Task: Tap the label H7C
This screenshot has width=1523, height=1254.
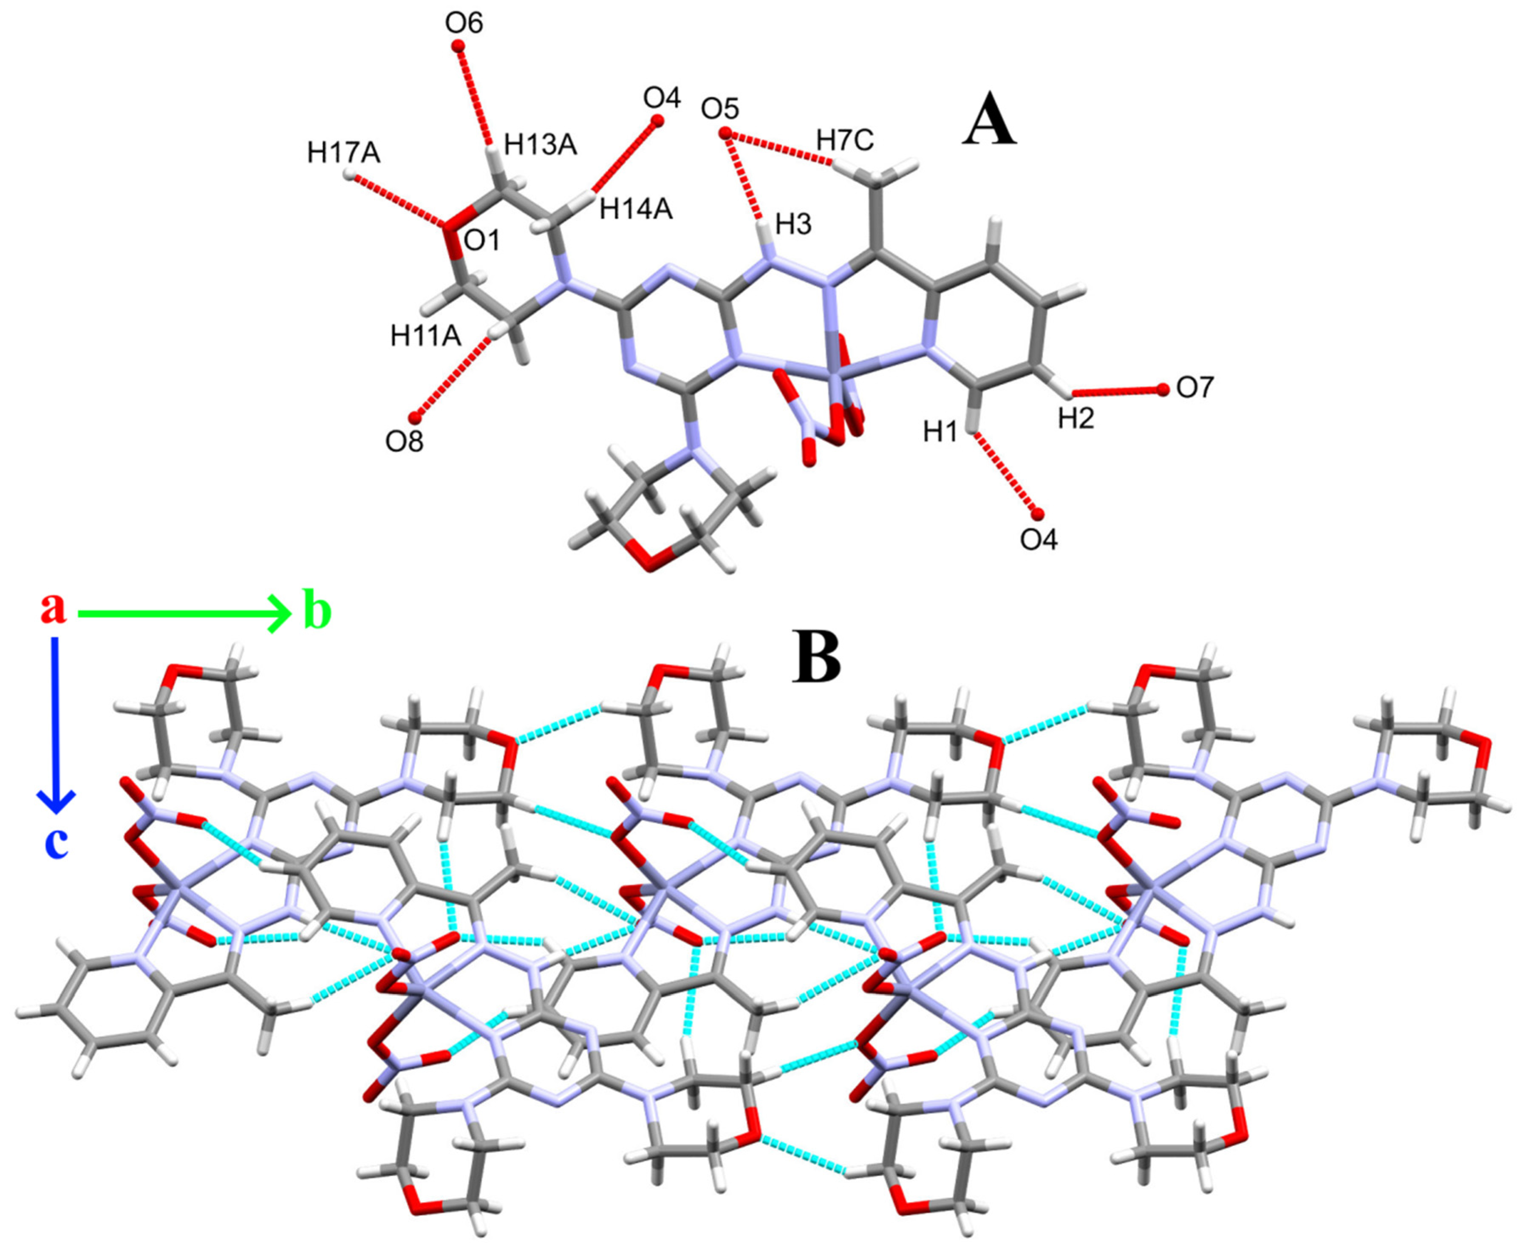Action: click(845, 140)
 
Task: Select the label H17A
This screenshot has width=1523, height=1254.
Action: click(343, 153)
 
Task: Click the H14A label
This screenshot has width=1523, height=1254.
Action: click(636, 209)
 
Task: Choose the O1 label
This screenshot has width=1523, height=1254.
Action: click(482, 241)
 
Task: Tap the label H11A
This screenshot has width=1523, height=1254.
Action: click(425, 335)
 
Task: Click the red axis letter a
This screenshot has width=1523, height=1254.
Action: click(53, 608)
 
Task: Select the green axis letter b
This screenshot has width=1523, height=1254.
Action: click(317, 613)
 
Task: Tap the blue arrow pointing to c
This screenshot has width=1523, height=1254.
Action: click(56, 722)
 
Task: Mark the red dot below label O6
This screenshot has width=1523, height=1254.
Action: click(457, 47)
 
